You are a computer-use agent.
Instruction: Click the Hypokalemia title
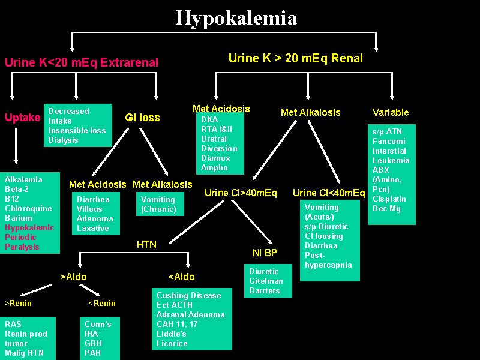[x=236, y=17]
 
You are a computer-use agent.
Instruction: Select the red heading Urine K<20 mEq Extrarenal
[x=82, y=62]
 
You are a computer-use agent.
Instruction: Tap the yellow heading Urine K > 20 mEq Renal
[x=295, y=58]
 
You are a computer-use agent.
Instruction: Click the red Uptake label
[x=22, y=118]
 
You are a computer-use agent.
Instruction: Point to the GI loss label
[x=142, y=118]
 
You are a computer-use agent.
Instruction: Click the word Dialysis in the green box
[x=64, y=140]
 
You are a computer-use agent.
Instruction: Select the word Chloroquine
[x=28, y=208]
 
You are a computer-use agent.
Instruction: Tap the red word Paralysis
[x=22, y=247]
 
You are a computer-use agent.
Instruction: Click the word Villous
[x=90, y=209]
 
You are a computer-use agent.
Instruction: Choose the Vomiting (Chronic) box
[x=158, y=204]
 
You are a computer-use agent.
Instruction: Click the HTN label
[x=147, y=244]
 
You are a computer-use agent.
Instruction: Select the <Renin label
[x=101, y=303]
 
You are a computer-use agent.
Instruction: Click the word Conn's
[x=98, y=324]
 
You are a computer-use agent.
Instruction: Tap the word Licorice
[x=172, y=343]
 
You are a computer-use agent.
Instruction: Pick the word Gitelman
[x=266, y=281]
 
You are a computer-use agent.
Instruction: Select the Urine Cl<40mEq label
[x=329, y=193]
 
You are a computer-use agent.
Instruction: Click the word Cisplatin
[x=389, y=199]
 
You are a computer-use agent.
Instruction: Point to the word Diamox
[x=215, y=158]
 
